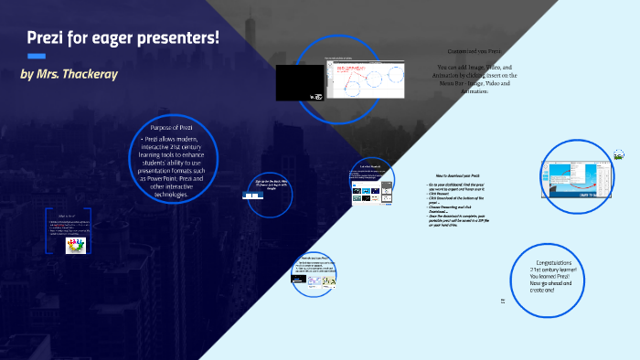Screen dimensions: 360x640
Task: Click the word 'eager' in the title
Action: point(122,38)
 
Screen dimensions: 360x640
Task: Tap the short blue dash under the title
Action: point(37,56)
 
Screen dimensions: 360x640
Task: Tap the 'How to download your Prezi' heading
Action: point(464,174)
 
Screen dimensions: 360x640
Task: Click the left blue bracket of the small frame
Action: point(48,231)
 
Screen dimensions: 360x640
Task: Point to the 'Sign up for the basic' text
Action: point(271,181)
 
